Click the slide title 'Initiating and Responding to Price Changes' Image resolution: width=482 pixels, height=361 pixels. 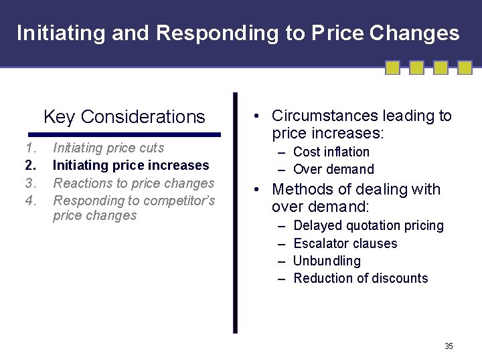coord(238,33)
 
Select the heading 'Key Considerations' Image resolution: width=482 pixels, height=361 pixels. coord(124,117)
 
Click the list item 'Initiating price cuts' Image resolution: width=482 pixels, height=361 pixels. coord(108,148)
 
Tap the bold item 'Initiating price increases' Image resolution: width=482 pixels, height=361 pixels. coord(131,165)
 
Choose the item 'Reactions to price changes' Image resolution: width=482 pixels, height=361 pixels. coord(133,183)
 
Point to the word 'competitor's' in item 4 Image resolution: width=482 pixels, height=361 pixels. coord(180,201)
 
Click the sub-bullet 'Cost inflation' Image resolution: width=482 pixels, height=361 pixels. coord(331,152)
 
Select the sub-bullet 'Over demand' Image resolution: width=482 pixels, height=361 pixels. coord(333,170)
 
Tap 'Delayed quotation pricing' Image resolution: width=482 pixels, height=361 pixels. coord(368,226)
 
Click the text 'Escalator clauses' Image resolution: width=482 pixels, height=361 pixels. coord(345,244)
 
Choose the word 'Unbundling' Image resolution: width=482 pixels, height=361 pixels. coord(327,261)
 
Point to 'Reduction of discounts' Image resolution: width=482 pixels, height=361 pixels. coord(360,279)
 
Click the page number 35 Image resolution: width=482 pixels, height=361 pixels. coord(449,346)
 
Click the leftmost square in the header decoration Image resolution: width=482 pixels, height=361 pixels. coord(393,68)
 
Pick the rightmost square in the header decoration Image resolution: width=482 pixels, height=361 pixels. coord(464,68)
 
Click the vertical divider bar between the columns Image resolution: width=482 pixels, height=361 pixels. coord(235,213)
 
